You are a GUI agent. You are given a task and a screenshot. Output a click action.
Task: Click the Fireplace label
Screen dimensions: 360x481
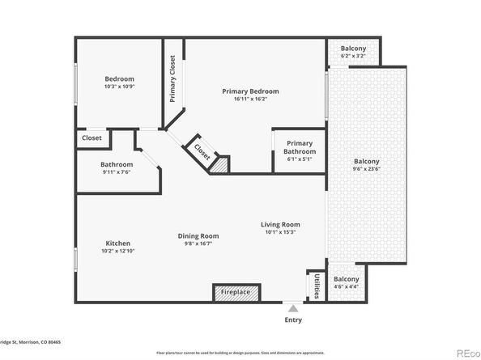[236, 292]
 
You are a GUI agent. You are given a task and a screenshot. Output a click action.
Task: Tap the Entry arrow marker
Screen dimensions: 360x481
[293, 308]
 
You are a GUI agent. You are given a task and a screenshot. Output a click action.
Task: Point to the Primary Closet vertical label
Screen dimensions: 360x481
[172, 78]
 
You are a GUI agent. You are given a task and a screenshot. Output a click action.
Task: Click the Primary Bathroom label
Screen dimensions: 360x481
[299, 147]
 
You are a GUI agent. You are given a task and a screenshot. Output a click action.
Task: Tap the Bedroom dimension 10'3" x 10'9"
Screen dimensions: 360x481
[117, 87]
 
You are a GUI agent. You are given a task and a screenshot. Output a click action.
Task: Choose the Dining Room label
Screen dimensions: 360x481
[198, 236]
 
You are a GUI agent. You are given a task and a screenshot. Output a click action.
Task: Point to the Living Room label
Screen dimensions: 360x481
[280, 224]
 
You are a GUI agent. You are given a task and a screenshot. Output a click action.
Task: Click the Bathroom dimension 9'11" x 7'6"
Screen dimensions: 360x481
[117, 171]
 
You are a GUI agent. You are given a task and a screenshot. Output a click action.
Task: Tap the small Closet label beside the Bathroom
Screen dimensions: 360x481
[92, 138]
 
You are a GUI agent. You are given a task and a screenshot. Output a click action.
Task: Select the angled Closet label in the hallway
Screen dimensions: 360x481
[201, 150]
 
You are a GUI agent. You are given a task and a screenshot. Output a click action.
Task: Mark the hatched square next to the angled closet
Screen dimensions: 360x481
[219, 164]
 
